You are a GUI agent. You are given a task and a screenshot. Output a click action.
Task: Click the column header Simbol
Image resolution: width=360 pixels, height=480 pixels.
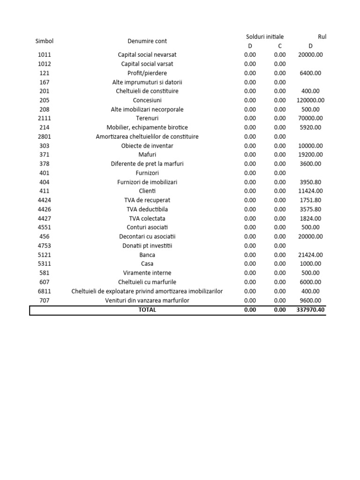45,41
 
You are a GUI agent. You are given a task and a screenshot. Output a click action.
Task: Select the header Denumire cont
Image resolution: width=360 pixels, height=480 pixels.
147,41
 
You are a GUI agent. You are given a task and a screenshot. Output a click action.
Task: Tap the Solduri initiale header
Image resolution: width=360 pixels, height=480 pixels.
265,37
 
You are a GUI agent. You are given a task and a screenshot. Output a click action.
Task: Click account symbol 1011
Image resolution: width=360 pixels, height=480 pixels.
45,55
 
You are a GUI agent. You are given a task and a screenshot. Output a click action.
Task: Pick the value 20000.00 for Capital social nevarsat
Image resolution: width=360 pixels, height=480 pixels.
310,55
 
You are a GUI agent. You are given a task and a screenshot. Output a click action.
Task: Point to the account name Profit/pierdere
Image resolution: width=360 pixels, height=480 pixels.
147,73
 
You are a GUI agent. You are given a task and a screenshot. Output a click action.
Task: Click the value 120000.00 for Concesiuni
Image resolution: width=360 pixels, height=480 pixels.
310,100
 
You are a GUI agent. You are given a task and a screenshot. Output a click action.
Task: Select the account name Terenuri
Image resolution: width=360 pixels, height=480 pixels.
147,119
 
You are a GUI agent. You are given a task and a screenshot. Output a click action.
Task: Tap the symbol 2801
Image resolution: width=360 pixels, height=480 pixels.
45,137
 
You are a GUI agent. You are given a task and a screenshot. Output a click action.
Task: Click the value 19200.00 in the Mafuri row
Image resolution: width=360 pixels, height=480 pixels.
310,155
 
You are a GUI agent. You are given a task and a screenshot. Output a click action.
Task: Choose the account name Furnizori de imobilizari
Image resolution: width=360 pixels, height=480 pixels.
147,182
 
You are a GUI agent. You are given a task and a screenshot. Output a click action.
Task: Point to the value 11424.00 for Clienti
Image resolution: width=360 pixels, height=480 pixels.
310,191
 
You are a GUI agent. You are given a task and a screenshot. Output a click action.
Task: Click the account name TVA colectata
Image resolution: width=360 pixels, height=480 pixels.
147,218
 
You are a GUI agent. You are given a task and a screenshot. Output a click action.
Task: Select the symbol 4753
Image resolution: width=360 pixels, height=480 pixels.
45,246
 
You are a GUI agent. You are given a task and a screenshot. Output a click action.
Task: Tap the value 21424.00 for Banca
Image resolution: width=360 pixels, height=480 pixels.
310,255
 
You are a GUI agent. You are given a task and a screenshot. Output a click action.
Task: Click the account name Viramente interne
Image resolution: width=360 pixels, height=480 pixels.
147,273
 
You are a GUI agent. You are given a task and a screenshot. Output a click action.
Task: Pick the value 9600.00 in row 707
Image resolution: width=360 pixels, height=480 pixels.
310,300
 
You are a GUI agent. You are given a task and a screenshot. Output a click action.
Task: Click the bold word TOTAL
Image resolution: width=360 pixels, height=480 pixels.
147,310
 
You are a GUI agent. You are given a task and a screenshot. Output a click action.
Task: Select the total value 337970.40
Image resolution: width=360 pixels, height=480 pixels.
310,310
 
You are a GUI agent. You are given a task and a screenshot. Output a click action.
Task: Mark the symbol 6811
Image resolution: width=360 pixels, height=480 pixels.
45,291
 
